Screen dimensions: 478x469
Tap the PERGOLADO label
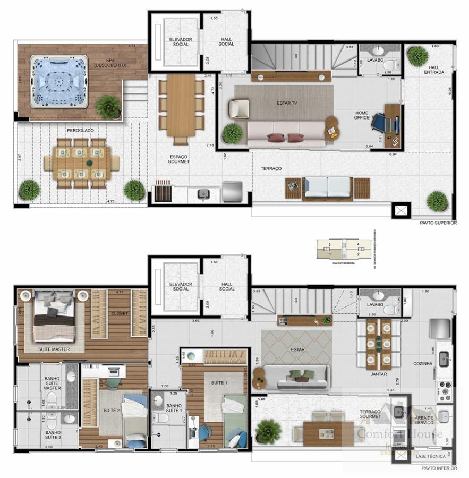(x=80, y=130)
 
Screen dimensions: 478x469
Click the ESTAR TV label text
(x=287, y=103)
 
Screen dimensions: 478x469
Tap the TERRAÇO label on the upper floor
(x=271, y=168)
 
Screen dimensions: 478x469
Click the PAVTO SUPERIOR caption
(x=438, y=223)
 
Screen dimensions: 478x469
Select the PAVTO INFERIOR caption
(x=439, y=468)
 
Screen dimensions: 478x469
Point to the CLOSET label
(x=120, y=314)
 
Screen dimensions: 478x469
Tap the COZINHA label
(x=426, y=363)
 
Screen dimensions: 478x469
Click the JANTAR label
(x=379, y=374)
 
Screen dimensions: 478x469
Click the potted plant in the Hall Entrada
(x=418, y=55)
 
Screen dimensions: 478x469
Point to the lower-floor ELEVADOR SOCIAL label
(x=181, y=286)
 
